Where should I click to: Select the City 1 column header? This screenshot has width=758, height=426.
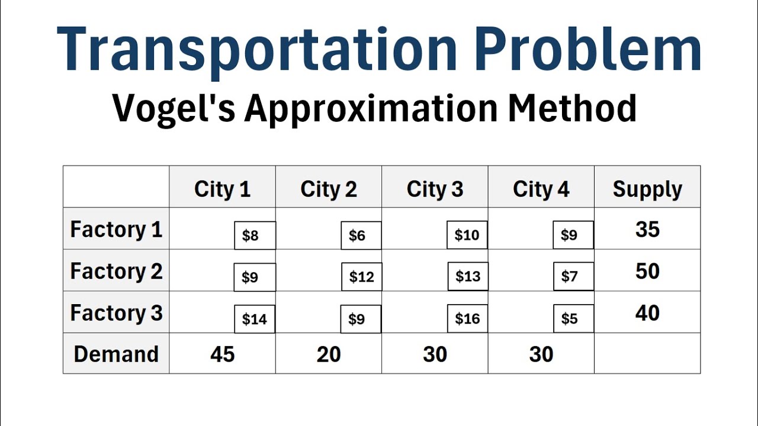[x=222, y=189]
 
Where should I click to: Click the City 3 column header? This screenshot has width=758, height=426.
[x=435, y=189]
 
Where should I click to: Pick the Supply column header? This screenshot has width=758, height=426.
[x=647, y=189]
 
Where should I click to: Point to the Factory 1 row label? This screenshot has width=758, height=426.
[x=116, y=230]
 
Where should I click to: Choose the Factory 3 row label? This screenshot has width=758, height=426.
[x=116, y=313]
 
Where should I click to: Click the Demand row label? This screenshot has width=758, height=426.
[x=116, y=354]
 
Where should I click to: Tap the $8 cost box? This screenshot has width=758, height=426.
[x=255, y=235]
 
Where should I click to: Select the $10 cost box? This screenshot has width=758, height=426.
[x=467, y=235]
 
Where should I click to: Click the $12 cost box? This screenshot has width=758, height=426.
[x=361, y=277]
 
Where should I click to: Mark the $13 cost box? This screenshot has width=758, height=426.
[x=468, y=276]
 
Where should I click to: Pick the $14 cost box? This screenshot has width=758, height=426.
[x=255, y=319]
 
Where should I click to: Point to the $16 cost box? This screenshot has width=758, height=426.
[x=467, y=319]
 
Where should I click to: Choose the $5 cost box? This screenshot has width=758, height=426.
[x=573, y=319]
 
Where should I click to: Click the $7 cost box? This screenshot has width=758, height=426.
[x=573, y=276]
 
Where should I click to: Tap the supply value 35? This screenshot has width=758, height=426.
[x=647, y=230]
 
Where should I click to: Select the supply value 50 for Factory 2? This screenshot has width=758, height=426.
[x=647, y=272]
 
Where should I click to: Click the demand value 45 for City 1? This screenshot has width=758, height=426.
[x=222, y=354]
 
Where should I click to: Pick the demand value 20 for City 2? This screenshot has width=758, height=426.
[x=329, y=354]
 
